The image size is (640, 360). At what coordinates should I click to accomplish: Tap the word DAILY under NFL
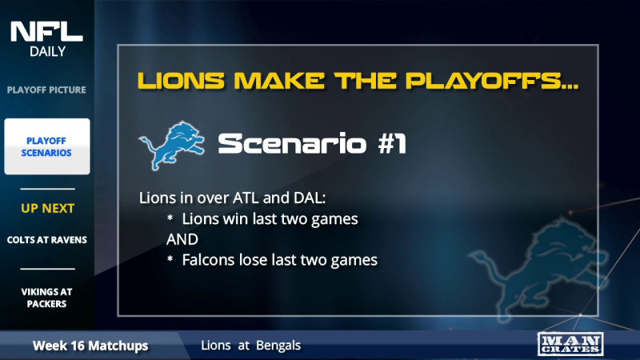(46, 52)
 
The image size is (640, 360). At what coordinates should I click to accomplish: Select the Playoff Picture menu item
(46, 90)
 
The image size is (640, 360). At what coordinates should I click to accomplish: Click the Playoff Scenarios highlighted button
(47, 146)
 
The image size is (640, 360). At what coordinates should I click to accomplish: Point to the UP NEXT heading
(47, 209)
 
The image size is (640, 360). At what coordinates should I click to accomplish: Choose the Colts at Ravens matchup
(47, 240)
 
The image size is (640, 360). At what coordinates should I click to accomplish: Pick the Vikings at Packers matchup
(47, 298)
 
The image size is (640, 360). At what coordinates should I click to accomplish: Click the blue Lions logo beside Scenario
(171, 143)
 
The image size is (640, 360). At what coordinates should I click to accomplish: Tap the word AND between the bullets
(182, 239)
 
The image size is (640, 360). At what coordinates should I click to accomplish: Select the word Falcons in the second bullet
(209, 260)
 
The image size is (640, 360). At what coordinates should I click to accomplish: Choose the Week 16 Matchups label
(90, 346)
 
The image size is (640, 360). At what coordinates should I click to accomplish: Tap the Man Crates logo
(570, 344)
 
